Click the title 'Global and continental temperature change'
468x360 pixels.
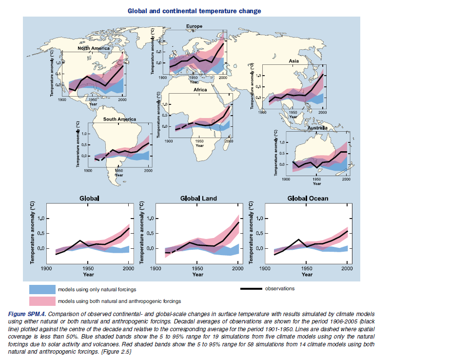click(x=194, y=11)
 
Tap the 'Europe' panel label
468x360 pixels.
click(x=194, y=26)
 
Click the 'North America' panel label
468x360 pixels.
click(x=94, y=49)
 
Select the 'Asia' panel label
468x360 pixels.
click(x=293, y=61)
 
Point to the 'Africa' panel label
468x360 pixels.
click(x=200, y=90)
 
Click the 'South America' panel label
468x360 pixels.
click(x=119, y=120)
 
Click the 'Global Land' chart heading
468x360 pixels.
click(x=198, y=199)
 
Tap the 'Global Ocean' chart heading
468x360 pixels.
click(x=308, y=199)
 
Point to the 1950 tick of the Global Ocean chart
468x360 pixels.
click(x=307, y=268)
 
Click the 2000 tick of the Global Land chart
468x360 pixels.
click(x=238, y=268)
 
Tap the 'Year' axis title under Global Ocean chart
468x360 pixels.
click(x=307, y=275)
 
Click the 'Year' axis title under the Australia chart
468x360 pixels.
click(x=317, y=183)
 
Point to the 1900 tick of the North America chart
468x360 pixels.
click(x=62, y=99)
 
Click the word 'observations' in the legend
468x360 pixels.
click(x=280, y=289)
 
